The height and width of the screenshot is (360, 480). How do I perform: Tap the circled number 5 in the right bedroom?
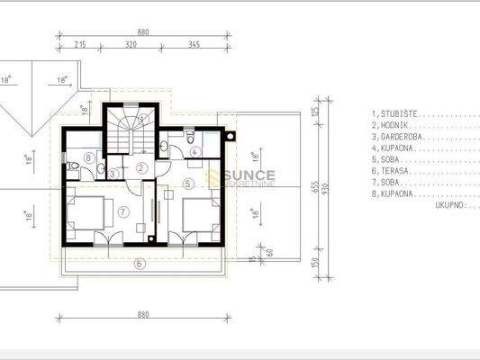point(187,183)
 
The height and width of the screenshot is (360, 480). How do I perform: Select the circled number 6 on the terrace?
point(140,264)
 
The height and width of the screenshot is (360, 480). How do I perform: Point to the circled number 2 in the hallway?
point(140,167)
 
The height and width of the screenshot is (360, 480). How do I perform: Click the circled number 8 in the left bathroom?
point(88,158)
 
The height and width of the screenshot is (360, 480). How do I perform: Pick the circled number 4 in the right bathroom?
point(196,151)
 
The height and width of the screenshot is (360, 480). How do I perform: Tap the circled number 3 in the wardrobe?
point(113,173)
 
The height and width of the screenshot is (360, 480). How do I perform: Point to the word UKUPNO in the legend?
point(448,204)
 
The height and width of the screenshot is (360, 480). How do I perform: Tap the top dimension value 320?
point(131,43)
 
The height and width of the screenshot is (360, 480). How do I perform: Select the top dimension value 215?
point(79,43)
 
